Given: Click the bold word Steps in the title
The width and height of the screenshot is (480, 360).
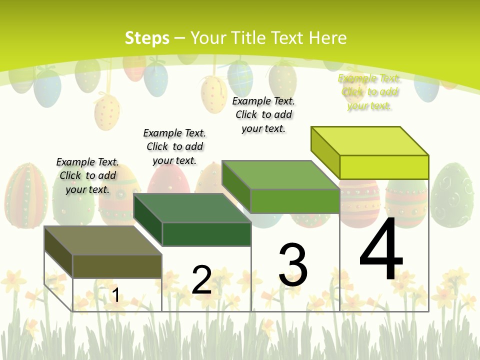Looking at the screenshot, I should click(x=147, y=38).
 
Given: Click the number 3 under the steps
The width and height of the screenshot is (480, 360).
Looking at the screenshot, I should click(x=293, y=264).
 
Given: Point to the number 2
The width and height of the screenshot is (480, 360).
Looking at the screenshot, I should click(x=201, y=279).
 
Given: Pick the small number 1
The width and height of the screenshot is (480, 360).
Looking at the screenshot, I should click(x=115, y=295).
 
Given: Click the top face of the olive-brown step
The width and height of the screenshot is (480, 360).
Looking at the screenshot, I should click(x=103, y=240).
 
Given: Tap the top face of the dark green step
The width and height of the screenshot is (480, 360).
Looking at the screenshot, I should click(x=192, y=208).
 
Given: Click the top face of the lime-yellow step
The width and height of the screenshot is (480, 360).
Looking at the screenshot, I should click(x=370, y=141).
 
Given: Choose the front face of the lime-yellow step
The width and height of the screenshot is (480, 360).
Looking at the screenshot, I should click(x=384, y=167).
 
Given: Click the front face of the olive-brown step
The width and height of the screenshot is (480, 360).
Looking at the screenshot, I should click(x=117, y=266).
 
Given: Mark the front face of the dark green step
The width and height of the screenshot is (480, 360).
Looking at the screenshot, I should click(x=206, y=234).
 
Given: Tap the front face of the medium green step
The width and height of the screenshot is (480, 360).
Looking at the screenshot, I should click(x=295, y=201).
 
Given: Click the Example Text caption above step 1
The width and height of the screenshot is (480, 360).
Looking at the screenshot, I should click(x=87, y=175).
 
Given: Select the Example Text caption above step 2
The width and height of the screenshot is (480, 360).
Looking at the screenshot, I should click(x=174, y=146).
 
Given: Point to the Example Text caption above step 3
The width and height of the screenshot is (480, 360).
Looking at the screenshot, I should click(x=263, y=114).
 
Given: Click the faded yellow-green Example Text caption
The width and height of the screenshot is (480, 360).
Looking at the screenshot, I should click(x=369, y=92).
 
